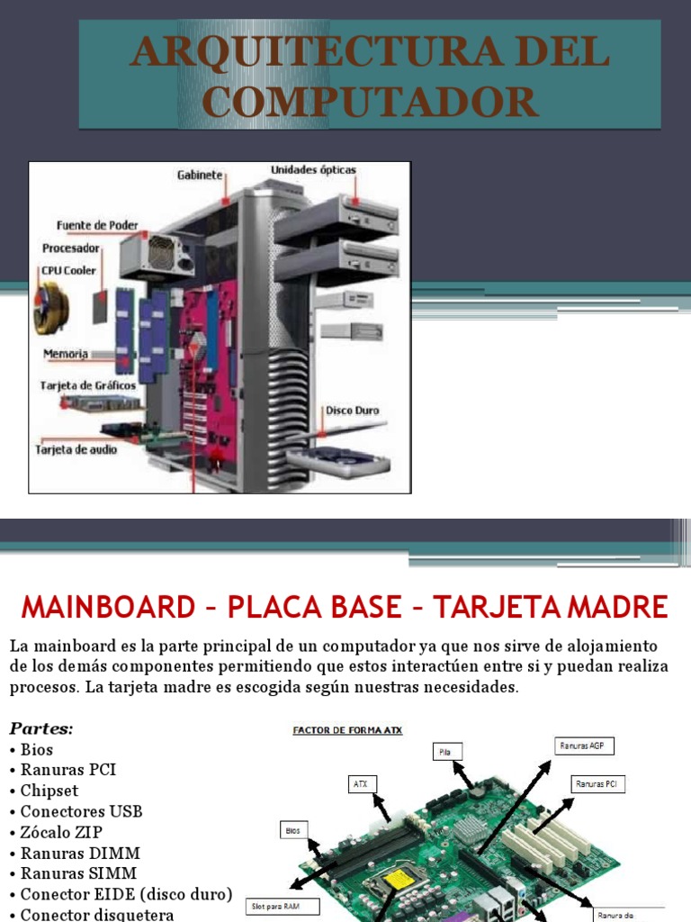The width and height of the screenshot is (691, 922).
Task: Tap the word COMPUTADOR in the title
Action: pos(370,102)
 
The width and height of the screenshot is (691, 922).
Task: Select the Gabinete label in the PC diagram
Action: pos(199,176)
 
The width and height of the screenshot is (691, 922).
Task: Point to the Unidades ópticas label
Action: pos(313,169)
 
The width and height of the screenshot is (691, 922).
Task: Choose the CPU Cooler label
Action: pos(68,269)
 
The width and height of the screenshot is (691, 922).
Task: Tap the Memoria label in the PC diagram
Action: pos(65,354)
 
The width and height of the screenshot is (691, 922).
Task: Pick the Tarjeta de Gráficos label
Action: pos(88,385)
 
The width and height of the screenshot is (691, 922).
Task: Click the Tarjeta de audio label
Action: pos(76,448)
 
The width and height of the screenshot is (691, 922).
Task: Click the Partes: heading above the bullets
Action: pos(40,728)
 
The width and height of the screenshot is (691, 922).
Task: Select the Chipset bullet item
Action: pos(49,791)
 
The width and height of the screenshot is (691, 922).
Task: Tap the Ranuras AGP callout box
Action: pos(582,746)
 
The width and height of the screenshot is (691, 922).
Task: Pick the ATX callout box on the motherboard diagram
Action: pos(362,783)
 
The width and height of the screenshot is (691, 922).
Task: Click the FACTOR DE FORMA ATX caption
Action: pos(347,730)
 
